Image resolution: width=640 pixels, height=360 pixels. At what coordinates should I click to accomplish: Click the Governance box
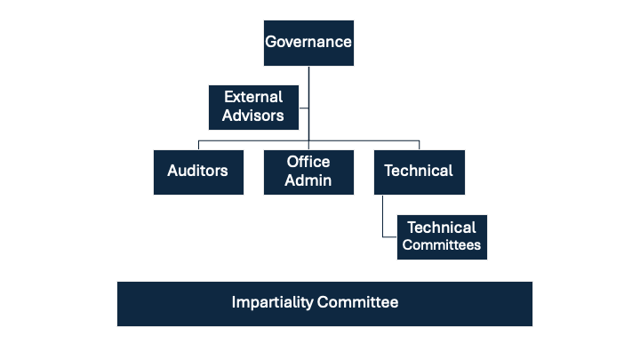[308, 43]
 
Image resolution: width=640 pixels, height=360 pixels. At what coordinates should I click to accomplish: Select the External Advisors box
[253, 106]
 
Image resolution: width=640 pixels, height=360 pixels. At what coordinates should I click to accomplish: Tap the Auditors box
[197, 171]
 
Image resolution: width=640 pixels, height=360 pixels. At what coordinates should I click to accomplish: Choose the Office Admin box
[308, 171]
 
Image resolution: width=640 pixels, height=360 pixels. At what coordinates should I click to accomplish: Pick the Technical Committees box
[442, 236]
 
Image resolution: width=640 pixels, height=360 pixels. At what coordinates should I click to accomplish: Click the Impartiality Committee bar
[324, 303]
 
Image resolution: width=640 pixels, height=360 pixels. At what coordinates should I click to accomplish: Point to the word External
[253, 97]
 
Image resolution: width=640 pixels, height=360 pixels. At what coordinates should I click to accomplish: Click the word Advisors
[253, 116]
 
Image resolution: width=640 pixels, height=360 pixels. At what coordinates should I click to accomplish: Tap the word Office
[308, 162]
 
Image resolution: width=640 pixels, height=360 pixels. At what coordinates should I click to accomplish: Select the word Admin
[308, 180]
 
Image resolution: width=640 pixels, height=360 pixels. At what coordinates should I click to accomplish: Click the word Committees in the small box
[442, 245]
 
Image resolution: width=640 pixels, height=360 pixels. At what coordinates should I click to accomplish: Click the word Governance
[308, 43]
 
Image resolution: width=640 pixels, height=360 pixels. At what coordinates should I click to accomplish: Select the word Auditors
[197, 171]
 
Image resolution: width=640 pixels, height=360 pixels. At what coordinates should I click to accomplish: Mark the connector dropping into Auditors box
[197, 145]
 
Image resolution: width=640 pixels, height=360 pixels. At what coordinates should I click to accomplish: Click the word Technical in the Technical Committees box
[442, 228]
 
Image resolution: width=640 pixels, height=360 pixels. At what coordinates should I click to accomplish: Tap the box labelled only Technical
[419, 171]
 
